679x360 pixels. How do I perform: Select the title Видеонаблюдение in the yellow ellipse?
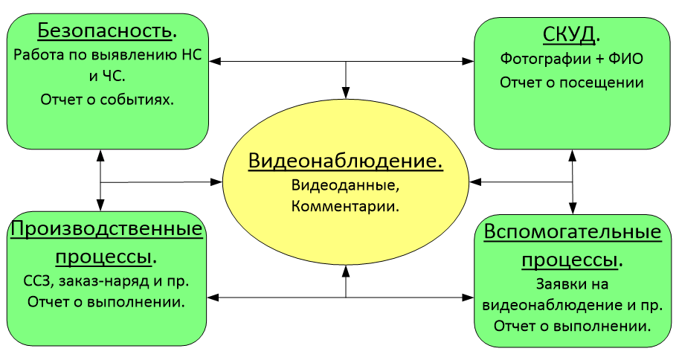[x=345, y=161]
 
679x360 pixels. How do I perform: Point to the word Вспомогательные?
[x=572, y=232]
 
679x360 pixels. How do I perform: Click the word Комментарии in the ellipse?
[x=346, y=206]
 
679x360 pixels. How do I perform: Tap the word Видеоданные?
[x=346, y=184]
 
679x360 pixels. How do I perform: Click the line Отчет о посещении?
[x=571, y=82]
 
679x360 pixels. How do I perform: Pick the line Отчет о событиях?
[x=107, y=99]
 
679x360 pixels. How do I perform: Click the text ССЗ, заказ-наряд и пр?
[x=106, y=282]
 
